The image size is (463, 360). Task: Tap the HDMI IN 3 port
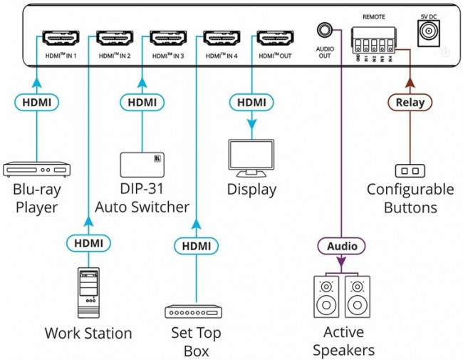pos(168,38)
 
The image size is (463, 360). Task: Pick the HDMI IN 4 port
pos(221,38)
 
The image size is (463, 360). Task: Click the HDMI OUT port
pos(274,38)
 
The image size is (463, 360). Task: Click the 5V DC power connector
pos(427,31)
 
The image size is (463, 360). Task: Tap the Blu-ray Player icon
pos(38,170)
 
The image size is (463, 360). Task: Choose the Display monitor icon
pos(251,159)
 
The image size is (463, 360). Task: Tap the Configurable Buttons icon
pos(409,170)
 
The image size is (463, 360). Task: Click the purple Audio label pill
pos(341,246)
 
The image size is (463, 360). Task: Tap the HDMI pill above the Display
pos(251,103)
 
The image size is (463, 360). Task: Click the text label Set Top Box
pos(196,341)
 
